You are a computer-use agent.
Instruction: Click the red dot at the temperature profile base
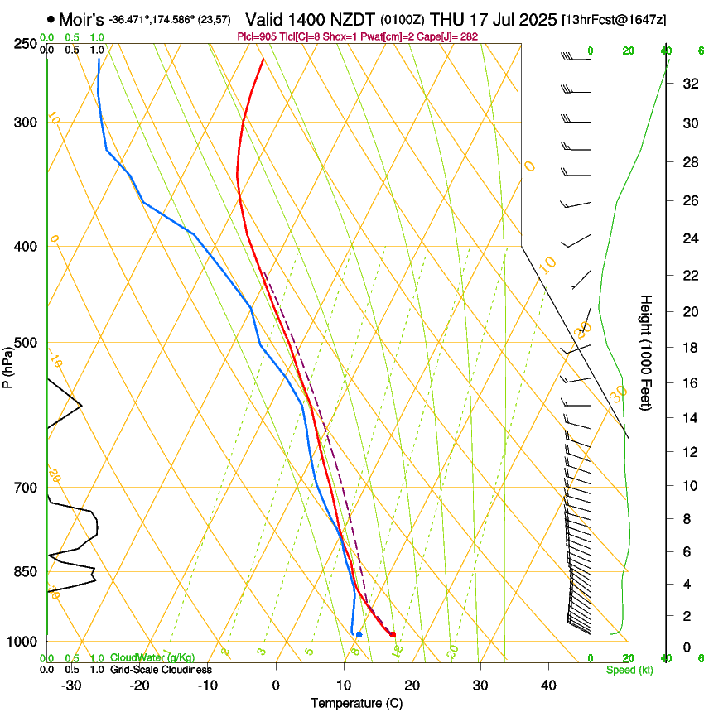393,635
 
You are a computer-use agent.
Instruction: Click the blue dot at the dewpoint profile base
359,635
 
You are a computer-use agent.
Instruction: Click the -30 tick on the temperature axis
71,686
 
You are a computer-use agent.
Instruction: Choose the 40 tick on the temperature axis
547,686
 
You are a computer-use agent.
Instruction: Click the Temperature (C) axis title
356,703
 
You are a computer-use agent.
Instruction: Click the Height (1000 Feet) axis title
646,352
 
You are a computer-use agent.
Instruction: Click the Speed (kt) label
629,670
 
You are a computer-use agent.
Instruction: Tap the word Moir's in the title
81,18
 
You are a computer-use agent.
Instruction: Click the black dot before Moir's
51,18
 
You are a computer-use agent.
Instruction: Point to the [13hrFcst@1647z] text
614,19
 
